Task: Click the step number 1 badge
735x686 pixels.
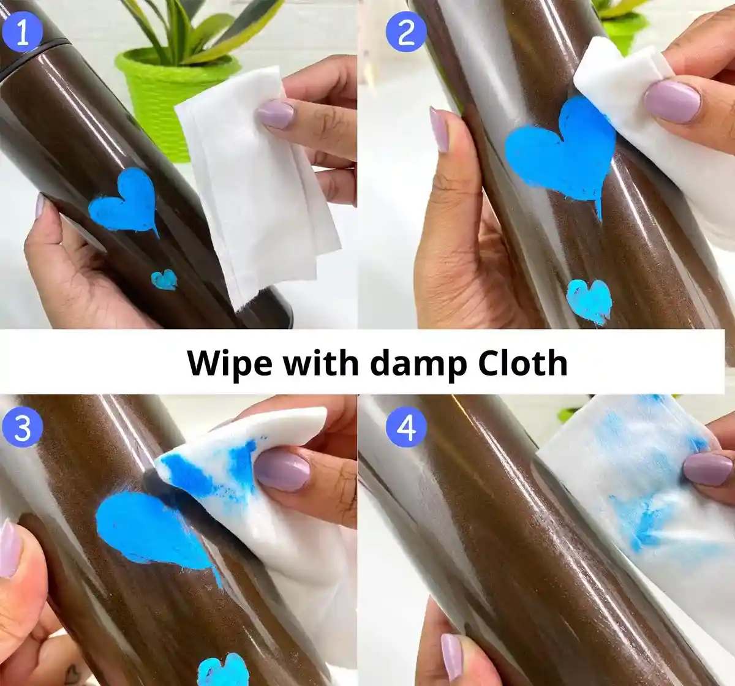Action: [x=22, y=32]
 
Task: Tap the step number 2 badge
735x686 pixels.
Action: [x=406, y=32]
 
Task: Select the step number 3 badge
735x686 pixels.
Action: [x=22, y=428]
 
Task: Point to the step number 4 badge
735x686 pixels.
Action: [x=406, y=428]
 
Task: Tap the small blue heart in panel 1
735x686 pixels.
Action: [x=164, y=279]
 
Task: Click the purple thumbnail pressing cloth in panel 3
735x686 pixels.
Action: [x=283, y=471]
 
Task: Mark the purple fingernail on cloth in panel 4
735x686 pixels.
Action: [x=707, y=469]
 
